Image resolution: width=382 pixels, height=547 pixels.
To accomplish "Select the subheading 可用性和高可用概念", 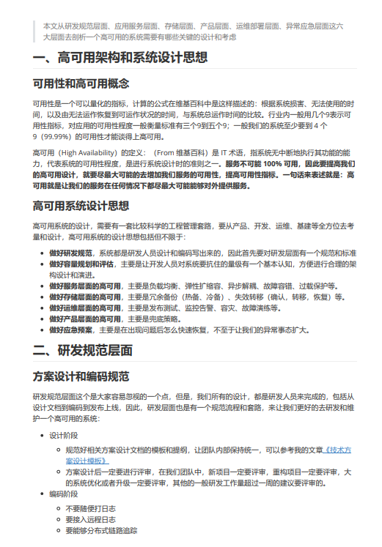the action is point(81,83).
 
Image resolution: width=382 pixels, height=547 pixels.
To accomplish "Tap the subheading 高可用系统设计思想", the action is point(81,205).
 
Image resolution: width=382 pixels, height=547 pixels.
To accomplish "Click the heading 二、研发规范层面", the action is point(83,351).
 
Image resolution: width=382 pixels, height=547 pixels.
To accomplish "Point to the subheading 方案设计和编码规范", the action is point(81,376).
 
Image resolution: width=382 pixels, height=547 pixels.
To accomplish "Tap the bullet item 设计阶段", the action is point(65,435).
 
